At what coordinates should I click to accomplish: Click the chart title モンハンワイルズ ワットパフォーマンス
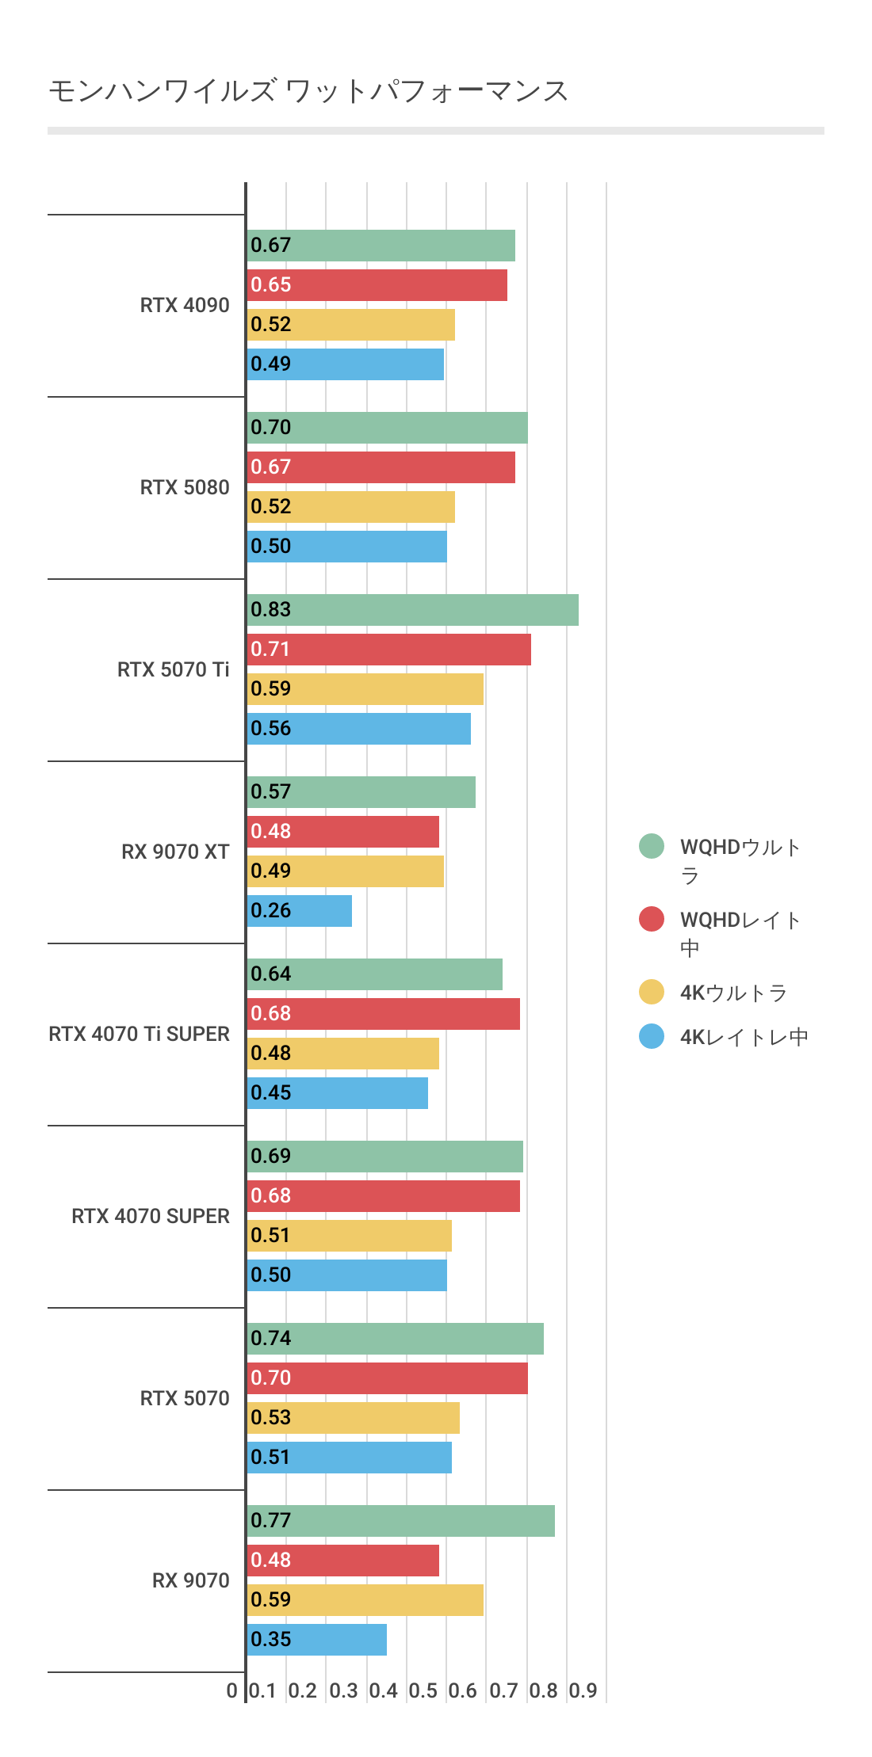(308, 91)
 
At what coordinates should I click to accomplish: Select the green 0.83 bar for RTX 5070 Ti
(412, 610)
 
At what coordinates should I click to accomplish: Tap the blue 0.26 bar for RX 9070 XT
(300, 911)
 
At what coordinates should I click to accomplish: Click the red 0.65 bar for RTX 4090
(377, 285)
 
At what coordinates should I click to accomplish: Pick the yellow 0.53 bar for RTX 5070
(353, 1418)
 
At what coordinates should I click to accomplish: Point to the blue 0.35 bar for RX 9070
(317, 1640)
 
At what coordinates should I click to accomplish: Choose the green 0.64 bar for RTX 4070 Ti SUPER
(374, 974)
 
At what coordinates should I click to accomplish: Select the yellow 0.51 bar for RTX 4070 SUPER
(349, 1236)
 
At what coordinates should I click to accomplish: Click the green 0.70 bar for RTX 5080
(387, 428)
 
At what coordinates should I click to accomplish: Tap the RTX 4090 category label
(185, 305)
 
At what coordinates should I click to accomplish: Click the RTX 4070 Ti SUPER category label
(139, 1034)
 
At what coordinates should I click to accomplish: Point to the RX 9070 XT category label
(175, 852)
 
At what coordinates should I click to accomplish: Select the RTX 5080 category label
(185, 487)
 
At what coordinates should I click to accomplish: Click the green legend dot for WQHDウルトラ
(652, 846)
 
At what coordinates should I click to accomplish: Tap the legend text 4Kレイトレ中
(744, 1037)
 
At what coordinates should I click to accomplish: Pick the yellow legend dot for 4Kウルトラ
(652, 992)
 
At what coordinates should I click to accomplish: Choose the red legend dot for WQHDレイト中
(652, 919)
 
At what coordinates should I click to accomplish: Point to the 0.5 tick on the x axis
(423, 1690)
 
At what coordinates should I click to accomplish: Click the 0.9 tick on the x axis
(583, 1690)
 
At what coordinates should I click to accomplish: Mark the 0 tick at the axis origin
(231, 1690)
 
